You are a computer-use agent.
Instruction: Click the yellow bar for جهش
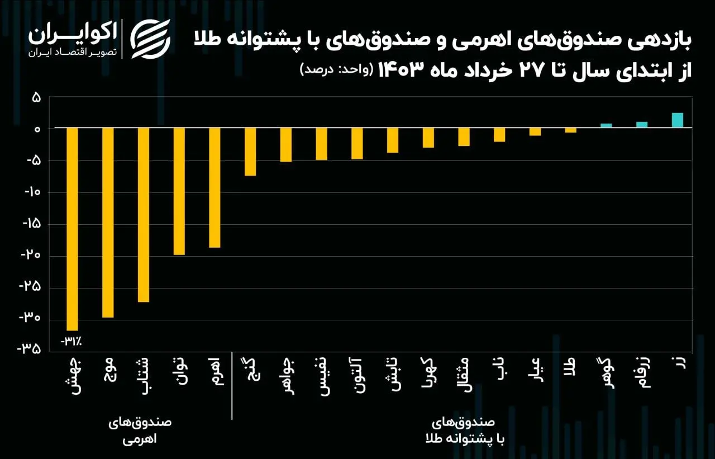click(72, 229)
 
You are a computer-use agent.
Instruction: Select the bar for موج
click(108, 223)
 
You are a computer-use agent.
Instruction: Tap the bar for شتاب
click(144, 215)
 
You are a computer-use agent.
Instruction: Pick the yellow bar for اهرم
click(214, 188)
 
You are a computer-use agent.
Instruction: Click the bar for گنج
click(250, 152)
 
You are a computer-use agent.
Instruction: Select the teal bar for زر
click(677, 120)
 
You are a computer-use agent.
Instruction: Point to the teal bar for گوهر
click(606, 126)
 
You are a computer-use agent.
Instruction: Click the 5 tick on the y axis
click(36, 97)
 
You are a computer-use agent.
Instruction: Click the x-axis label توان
click(179, 375)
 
